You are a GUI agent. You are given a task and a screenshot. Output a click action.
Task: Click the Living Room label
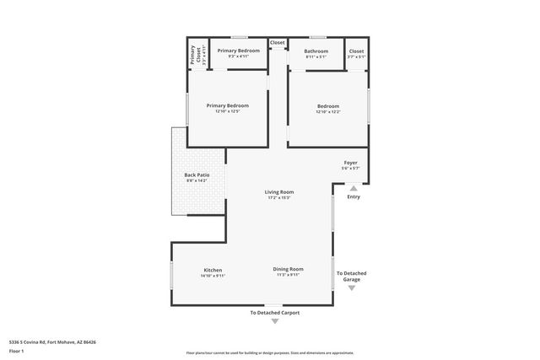[x=280, y=192]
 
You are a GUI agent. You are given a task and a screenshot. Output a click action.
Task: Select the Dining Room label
[x=288, y=269]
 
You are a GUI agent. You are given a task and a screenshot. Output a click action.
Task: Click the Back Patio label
[x=195, y=175]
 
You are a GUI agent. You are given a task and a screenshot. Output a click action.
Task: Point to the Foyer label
[x=350, y=162]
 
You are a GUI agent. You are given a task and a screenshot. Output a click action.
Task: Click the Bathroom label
[x=316, y=51]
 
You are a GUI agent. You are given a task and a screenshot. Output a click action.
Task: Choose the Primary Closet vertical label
[x=193, y=56]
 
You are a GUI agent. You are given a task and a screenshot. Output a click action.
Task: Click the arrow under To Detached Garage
[x=352, y=288]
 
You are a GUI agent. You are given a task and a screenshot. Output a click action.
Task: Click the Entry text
[x=353, y=197]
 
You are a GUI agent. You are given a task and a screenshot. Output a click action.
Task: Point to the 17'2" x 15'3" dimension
[x=280, y=198]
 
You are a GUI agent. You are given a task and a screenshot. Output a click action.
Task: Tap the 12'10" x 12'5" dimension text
[x=228, y=111]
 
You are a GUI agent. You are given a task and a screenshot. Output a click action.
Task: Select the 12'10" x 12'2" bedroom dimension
[x=327, y=111]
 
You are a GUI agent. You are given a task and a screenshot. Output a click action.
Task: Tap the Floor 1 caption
[x=16, y=351]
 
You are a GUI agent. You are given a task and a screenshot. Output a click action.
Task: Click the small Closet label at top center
[x=278, y=42]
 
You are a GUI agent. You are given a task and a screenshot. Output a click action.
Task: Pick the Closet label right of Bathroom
[x=356, y=51]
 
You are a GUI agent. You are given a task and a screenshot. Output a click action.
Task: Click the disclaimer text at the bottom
[x=270, y=352]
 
